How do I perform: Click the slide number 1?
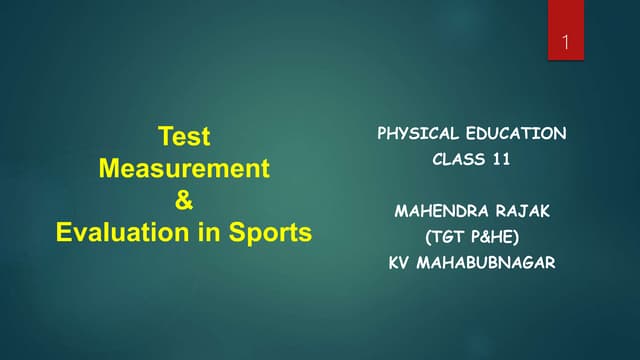pyautogui.click(x=566, y=44)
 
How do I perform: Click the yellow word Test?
pyautogui.click(x=185, y=136)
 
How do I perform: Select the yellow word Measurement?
pyautogui.click(x=184, y=168)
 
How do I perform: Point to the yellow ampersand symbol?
pyautogui.click(x=184, y=200)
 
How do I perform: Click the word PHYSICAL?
pyautogui.click(x=418, y=133)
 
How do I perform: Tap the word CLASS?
pyautogui.click(x=456, y=159)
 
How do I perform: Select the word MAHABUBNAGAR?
pyautogui.click(x=490, y=264)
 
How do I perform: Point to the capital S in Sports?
pyautogui.click(x=243, y=233)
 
